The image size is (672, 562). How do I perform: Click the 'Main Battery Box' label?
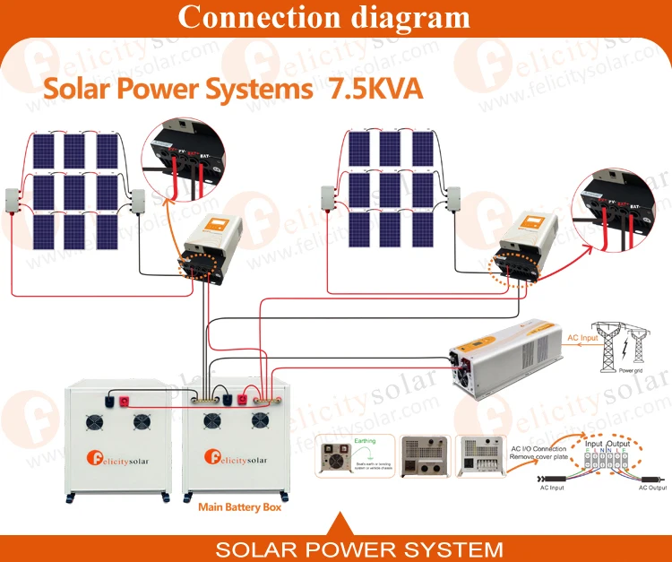(239, 507)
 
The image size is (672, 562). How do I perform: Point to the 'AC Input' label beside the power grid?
(583, 338)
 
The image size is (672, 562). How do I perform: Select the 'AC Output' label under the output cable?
(652, 489)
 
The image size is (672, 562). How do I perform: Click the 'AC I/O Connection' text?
(538, 448)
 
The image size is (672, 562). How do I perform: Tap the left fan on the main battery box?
(211, 420)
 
